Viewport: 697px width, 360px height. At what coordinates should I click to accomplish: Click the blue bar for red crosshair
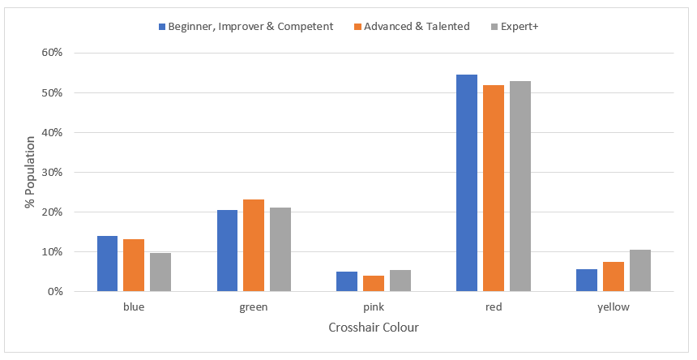[467, 182]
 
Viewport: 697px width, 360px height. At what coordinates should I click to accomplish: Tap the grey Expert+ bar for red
[520, 186]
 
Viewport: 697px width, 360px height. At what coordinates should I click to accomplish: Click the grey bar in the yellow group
[639, 270]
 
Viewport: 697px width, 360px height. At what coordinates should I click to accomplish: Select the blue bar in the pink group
[347, 281]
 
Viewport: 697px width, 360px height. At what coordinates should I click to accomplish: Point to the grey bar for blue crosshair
[160, 272]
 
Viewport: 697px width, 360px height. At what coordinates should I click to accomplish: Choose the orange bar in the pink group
[374, 283]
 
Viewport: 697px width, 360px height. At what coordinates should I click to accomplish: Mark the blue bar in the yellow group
[587, 280]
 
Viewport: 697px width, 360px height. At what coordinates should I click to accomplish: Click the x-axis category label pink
[374, 307]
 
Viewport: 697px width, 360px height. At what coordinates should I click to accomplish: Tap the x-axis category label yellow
[613, 307]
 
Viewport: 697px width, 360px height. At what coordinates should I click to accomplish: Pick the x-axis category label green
[254, 307]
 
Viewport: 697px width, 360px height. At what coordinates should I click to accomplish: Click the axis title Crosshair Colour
[374, 328]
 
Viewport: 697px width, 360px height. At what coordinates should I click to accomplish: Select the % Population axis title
[30, 172]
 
